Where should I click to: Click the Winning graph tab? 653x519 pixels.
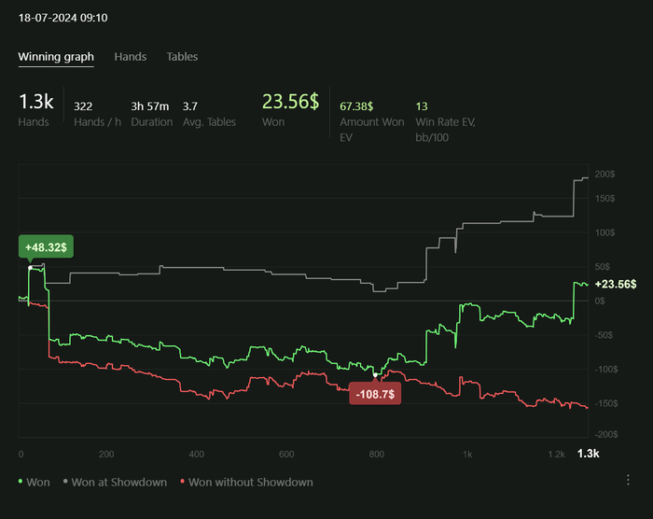pyautogui.click(x=56, y=57)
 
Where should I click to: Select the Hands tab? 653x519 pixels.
pyautogui.click(x=131, y=57)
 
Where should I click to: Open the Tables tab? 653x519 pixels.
pyautogui.click(x=182, y=57)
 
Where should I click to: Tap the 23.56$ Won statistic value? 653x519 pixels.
pyautogui.click(x=290, y=102)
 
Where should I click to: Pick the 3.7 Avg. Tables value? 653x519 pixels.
pyautogui.click(x=190, y=106)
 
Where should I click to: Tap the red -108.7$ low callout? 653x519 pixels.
pyautogui.click(x=375, y=395)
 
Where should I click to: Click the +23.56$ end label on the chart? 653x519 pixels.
pyautogui.click(x=615, y=285)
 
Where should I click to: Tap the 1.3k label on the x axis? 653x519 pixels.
pyautogui.click(x=588, y=454)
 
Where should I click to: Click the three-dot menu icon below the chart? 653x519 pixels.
pyautogui.click(x=628, y=480)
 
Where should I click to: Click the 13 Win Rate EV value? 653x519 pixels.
pyautogui.click(x=422, y=106)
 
